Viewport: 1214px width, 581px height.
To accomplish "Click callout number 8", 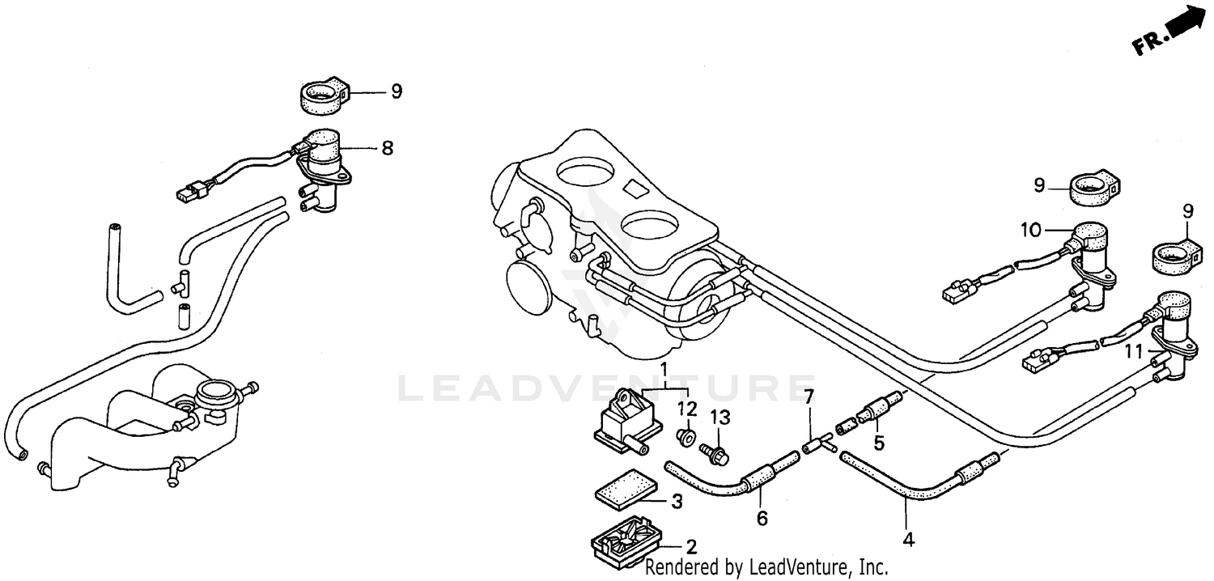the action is tap(387, 148).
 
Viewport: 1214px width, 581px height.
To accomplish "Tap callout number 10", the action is tap(1029, 231).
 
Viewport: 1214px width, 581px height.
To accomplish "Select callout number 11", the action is tap(1132, 353).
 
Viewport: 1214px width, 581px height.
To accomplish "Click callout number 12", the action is tap(686, 407).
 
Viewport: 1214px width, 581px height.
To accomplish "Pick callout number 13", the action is tap(719, 418).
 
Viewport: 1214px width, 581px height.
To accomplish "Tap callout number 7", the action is tap(807, 398).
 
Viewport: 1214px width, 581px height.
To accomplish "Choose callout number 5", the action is tap(879, 443).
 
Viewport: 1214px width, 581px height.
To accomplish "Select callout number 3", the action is tap(677, 502).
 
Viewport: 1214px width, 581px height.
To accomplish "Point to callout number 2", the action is tap(691, 546).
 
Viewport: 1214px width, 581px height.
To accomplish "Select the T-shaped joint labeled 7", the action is tap(817, 444).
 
